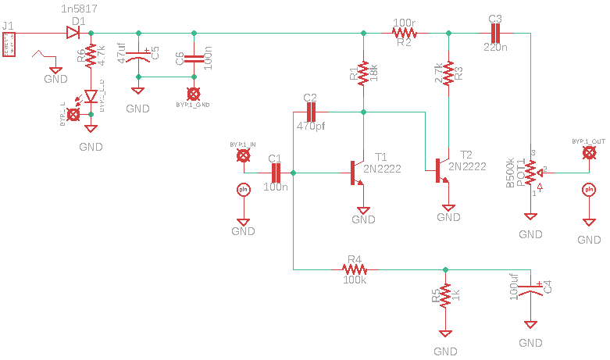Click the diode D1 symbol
[x=75, y=33]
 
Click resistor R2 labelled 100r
[x=405, y=34]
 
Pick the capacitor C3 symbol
[x=494, y=33]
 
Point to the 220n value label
[x=495, y=48]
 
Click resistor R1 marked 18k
[x=363, y=73]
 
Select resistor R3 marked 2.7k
[x=448, y=73]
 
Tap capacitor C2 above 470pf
[x=310, y=112]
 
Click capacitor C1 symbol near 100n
[x=275, y=173]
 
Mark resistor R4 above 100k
[x=355, y=269]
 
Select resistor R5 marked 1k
[x=444, y=296]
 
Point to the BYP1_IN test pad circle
[x=243, y=156]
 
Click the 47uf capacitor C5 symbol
[x=138, y=55]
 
